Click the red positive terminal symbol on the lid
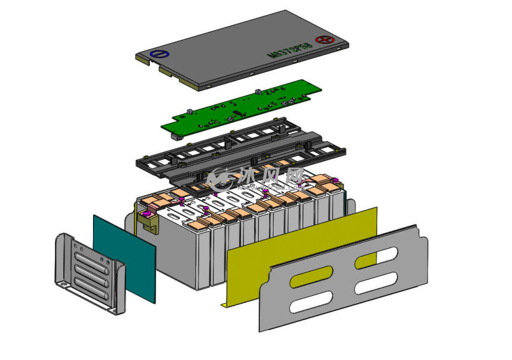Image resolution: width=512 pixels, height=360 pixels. click(x=323, y=40)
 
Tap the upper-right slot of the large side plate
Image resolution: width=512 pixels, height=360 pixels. click(x=382, y=256)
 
